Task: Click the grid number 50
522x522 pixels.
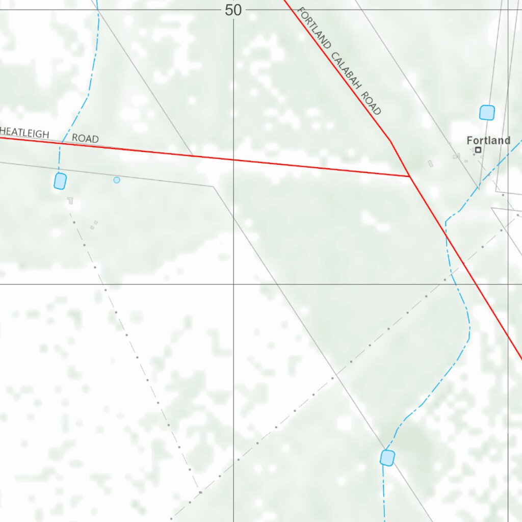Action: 233,10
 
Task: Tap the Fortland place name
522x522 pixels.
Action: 488,140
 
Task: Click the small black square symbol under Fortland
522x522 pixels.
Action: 478,150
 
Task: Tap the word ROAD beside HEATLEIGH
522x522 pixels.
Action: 85,138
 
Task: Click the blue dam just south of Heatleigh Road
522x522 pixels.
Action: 60,181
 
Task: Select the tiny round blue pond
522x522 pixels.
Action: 117,180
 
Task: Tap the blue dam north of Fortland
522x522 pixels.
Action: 487,112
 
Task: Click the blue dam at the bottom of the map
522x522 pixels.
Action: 387,458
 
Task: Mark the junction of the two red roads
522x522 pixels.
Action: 410,176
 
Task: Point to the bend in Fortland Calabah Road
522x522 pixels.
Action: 390,141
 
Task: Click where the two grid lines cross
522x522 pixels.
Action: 233,284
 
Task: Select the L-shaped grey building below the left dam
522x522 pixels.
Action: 70,201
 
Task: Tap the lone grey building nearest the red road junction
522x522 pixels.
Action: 431,164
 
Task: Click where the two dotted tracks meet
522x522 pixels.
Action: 199,493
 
